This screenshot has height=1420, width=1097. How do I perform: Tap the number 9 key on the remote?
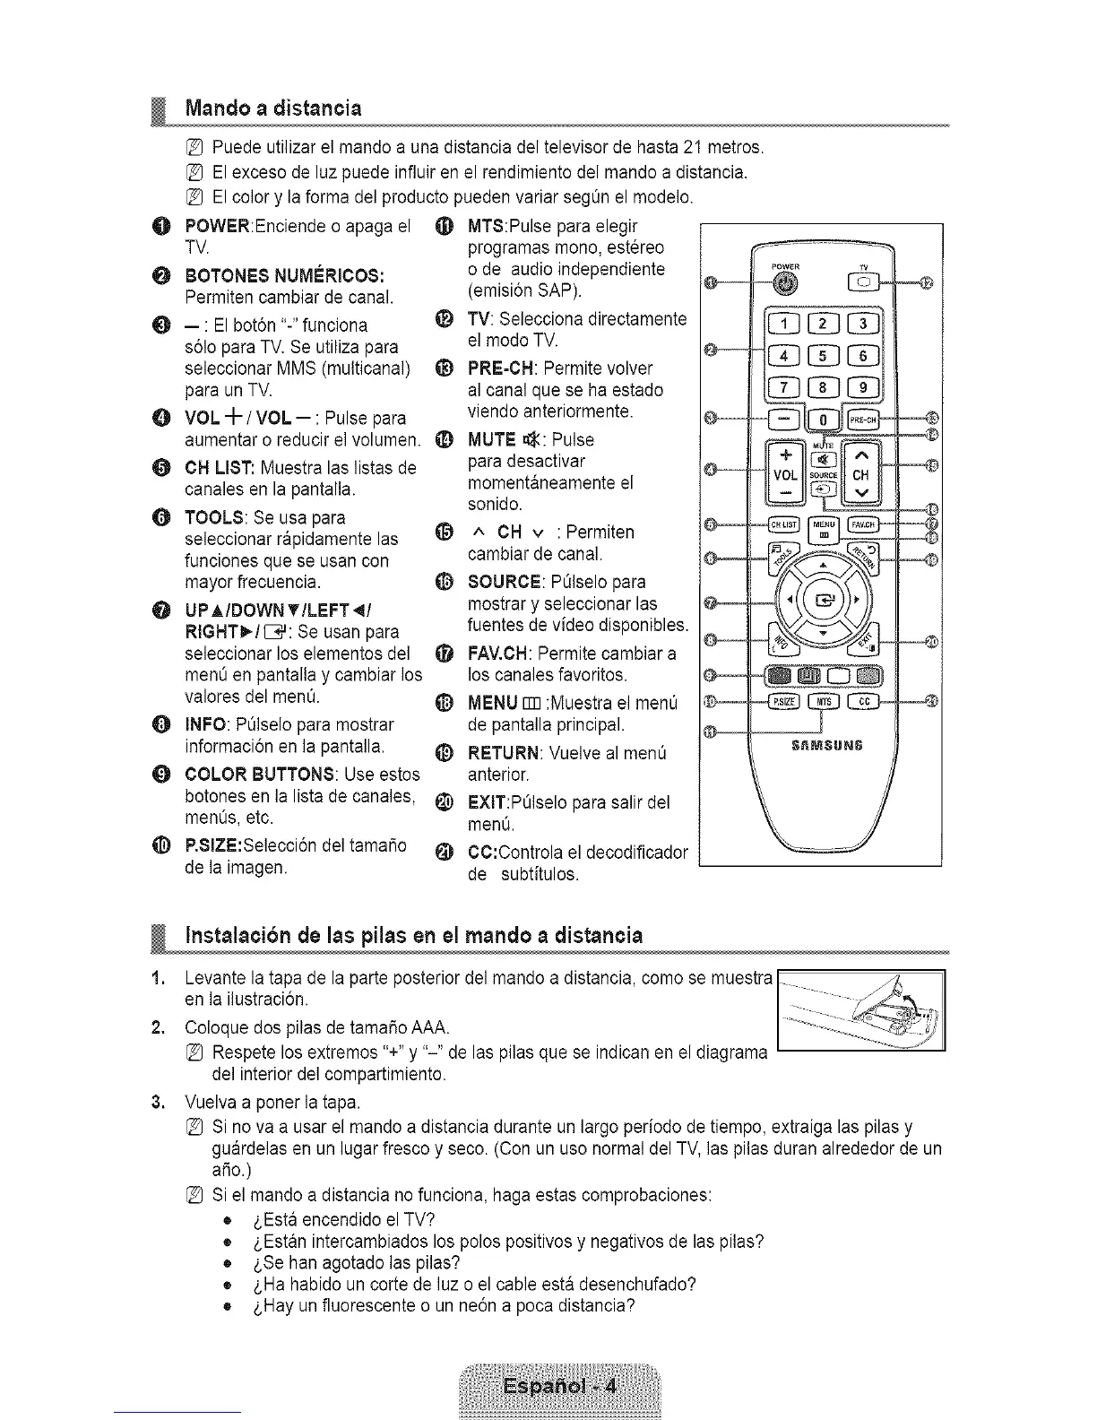pos(864,387)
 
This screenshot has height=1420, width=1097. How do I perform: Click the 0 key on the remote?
pos(822,419)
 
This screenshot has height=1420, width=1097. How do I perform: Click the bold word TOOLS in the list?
pos(215,518)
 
